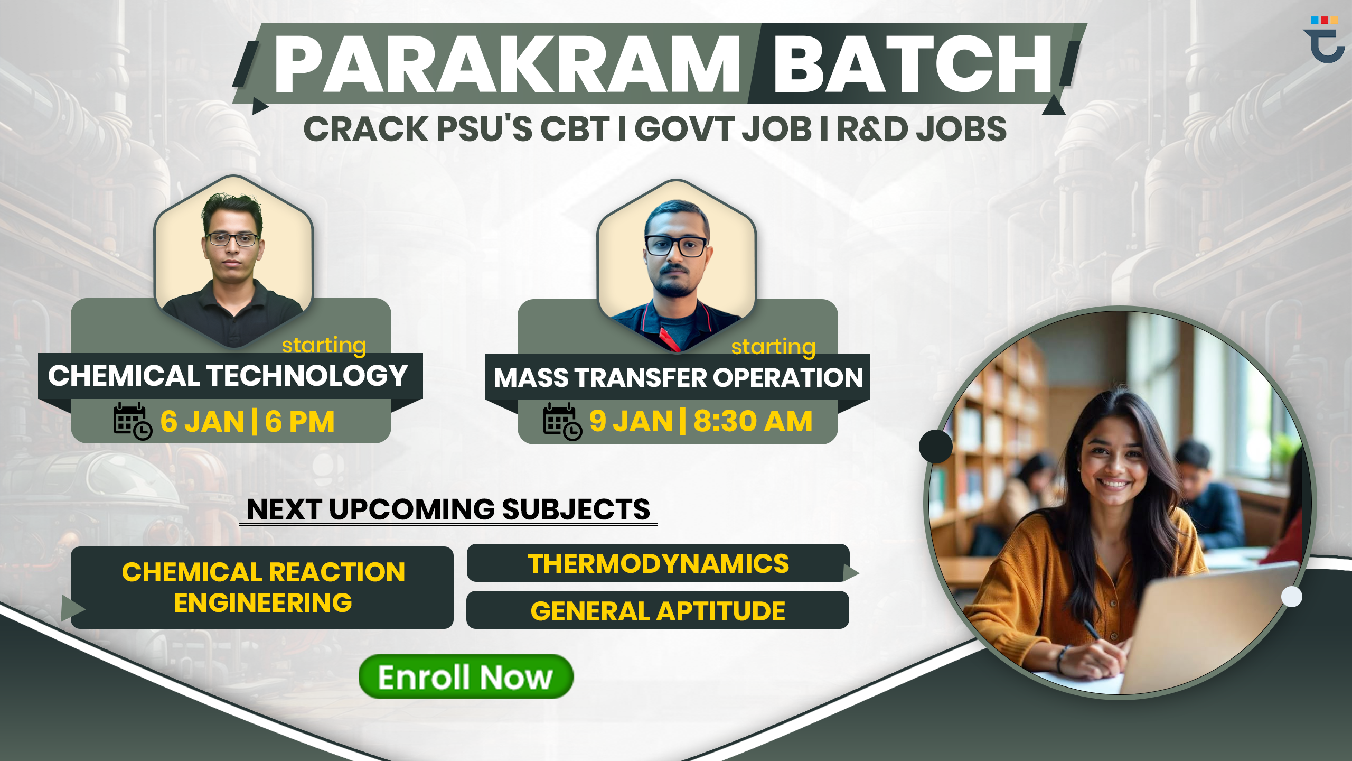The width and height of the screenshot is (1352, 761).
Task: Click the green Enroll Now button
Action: (x=466, y=676)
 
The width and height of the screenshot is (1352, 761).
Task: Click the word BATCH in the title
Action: (x=913, y=64)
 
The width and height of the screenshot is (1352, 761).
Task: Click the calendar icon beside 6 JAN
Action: (x=133, y=421)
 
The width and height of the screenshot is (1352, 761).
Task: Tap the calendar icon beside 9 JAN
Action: (x=562, y=422)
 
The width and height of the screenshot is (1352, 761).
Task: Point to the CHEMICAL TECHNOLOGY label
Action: (x=228, y=376)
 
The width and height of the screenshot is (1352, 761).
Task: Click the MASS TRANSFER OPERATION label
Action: (x=678, y=378)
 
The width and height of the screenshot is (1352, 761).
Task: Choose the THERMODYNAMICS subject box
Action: (x=658, y=563)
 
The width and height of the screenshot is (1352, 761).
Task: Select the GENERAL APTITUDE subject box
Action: (x=658, y=610)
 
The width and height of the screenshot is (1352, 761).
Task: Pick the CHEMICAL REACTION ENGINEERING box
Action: (x=262, y=588)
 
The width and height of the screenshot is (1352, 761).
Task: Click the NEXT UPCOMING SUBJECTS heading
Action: (x=448, y=509)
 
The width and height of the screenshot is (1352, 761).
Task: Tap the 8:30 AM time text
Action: (x=753, y=421)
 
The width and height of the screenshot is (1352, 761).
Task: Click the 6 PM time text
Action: (x=299, y=422)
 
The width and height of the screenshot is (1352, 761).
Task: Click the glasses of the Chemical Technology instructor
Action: (x=232, y=239)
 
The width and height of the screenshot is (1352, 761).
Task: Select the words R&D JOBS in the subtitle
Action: (x=922, y=129)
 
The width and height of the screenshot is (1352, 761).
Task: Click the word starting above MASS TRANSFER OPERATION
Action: (x=773, y=347)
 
